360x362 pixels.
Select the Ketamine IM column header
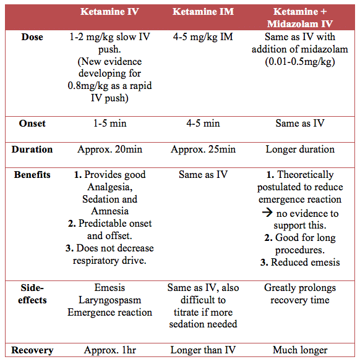click(203, 12)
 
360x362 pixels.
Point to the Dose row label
click(32, 37)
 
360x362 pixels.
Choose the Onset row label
click(32, 123)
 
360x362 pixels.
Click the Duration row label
click(32, 149)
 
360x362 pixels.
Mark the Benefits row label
click(32, 175)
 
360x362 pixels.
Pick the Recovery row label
click(32, 350)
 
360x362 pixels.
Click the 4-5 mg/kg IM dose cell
click(203, 37)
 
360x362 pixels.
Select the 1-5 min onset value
click(110, 123)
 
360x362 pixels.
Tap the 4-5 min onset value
click(203, 123)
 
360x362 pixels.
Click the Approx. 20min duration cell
click(110, 149)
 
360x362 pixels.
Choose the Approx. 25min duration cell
click(203, 149)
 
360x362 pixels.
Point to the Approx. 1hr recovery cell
click(110, 350)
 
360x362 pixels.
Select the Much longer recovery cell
click(300, 350)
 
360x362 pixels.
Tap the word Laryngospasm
click(110, 300)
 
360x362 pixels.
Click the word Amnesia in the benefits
click(110, 211)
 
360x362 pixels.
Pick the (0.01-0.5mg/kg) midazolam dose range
click(300, 62)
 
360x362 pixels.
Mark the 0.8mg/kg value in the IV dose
click(88, 86)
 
